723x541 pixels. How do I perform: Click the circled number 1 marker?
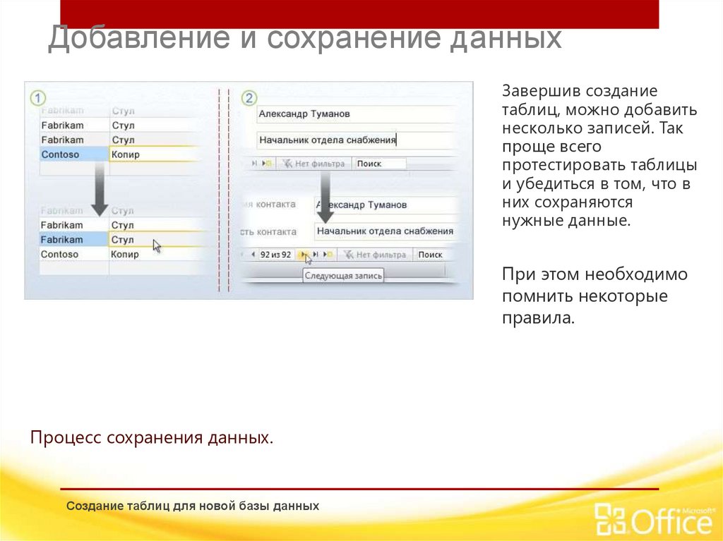(x=37, y=98)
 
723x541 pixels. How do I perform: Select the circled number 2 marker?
(x=249, y=98)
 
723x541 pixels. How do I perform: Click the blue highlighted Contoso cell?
(x=74, y=154)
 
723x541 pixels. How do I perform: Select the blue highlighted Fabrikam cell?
(x=74, y=240)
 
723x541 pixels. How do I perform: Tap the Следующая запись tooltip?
(x=344, y=276)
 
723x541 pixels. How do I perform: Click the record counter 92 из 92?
(x=275, y=255)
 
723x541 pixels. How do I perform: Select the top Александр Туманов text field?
(x=353, y=114)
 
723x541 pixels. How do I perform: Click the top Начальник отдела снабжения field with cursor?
(x=353, y=140)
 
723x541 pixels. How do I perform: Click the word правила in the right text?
(x=539, y=317)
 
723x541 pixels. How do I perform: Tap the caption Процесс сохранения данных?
(x=151, y=438)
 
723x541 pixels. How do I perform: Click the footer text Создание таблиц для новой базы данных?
(x=193, y=506)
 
